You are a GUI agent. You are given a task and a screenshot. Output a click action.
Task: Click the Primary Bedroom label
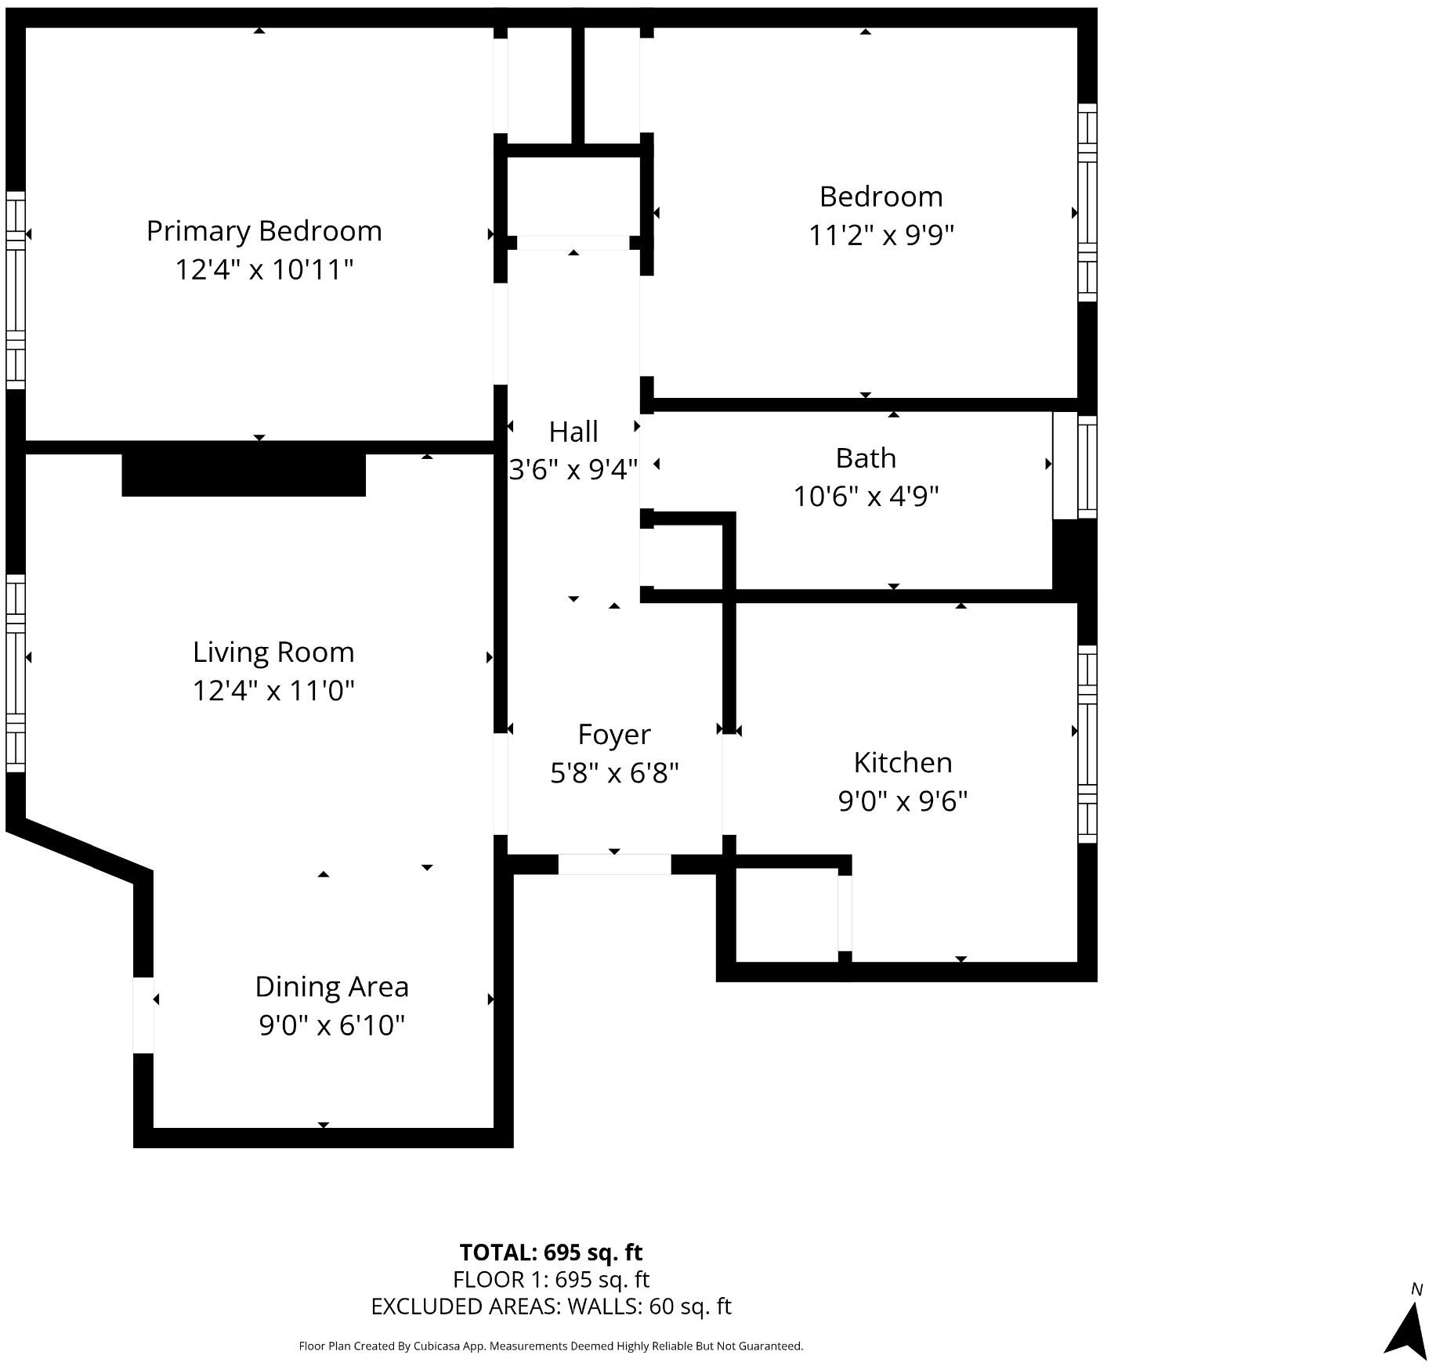(264, 231)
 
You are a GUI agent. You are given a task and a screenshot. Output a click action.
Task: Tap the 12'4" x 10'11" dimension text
(264, 269)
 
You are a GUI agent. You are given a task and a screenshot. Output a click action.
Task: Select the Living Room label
(273, 652)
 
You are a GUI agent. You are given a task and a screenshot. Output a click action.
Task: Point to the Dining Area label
(331, 987)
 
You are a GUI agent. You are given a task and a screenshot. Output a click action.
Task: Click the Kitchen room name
(903, 762)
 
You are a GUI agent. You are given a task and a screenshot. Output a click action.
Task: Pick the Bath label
(866, 458)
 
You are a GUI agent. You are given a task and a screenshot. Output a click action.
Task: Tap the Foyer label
(614, 735)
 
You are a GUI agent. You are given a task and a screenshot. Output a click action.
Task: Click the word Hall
(573, 432)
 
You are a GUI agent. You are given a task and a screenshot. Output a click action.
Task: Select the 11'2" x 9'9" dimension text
(881, 235)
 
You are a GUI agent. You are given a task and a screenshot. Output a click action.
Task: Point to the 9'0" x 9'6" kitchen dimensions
(903, 801)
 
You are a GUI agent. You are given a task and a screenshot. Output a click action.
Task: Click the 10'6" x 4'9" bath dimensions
(866, 497)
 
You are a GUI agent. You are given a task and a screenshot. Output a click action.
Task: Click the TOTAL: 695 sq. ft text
(551, 1252)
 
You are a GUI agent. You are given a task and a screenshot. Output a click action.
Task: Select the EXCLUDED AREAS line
(551, 1306)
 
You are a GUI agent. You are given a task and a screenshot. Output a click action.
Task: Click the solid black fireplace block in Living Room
(244, 475)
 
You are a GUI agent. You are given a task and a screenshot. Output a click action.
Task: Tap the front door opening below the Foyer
(614, 864)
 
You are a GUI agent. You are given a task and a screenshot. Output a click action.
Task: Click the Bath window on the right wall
(1087, 467)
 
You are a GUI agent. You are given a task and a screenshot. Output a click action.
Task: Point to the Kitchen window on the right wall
(1087, 744)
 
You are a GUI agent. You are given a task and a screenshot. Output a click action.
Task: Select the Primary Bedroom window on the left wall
(16, 290)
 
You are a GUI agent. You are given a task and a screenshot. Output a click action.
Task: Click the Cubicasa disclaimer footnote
(551, 1346)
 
